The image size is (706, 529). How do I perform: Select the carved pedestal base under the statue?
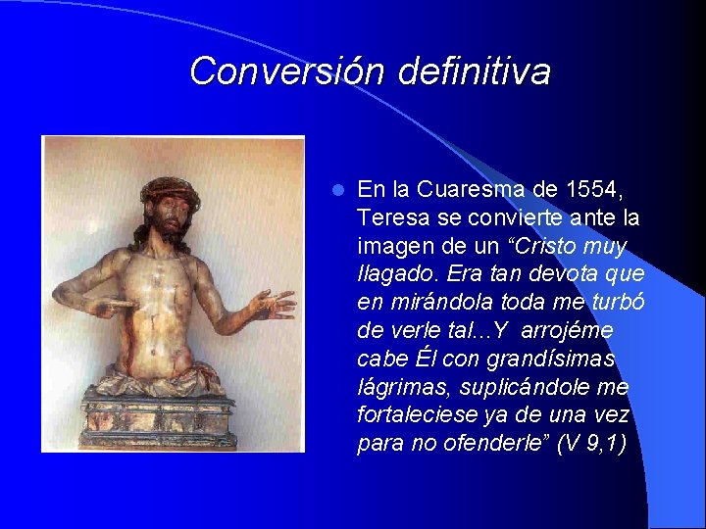point(157,416)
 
